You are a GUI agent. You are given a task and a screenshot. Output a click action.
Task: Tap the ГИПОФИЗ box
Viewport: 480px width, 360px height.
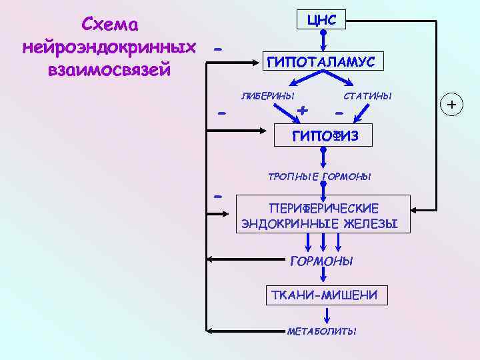point(324,136)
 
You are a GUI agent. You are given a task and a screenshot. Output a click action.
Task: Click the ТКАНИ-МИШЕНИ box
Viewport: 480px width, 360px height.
point(325,295)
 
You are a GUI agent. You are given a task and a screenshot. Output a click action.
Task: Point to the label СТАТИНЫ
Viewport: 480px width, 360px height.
point(367,96)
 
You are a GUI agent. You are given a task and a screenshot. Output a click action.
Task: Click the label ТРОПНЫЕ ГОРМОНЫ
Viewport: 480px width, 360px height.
point(319,177)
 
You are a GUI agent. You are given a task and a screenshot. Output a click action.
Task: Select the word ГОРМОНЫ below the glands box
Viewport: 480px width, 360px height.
point(322,261)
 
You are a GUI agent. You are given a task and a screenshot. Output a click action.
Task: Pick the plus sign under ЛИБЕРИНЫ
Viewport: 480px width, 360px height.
point(303,109)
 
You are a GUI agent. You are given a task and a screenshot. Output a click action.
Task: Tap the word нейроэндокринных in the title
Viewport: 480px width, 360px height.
point(109,47)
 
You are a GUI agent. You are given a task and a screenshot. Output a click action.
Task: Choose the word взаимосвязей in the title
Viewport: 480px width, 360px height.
point(109,69)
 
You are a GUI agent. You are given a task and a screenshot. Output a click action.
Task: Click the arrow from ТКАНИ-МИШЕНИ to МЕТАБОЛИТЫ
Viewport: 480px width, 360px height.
point(327,315)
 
